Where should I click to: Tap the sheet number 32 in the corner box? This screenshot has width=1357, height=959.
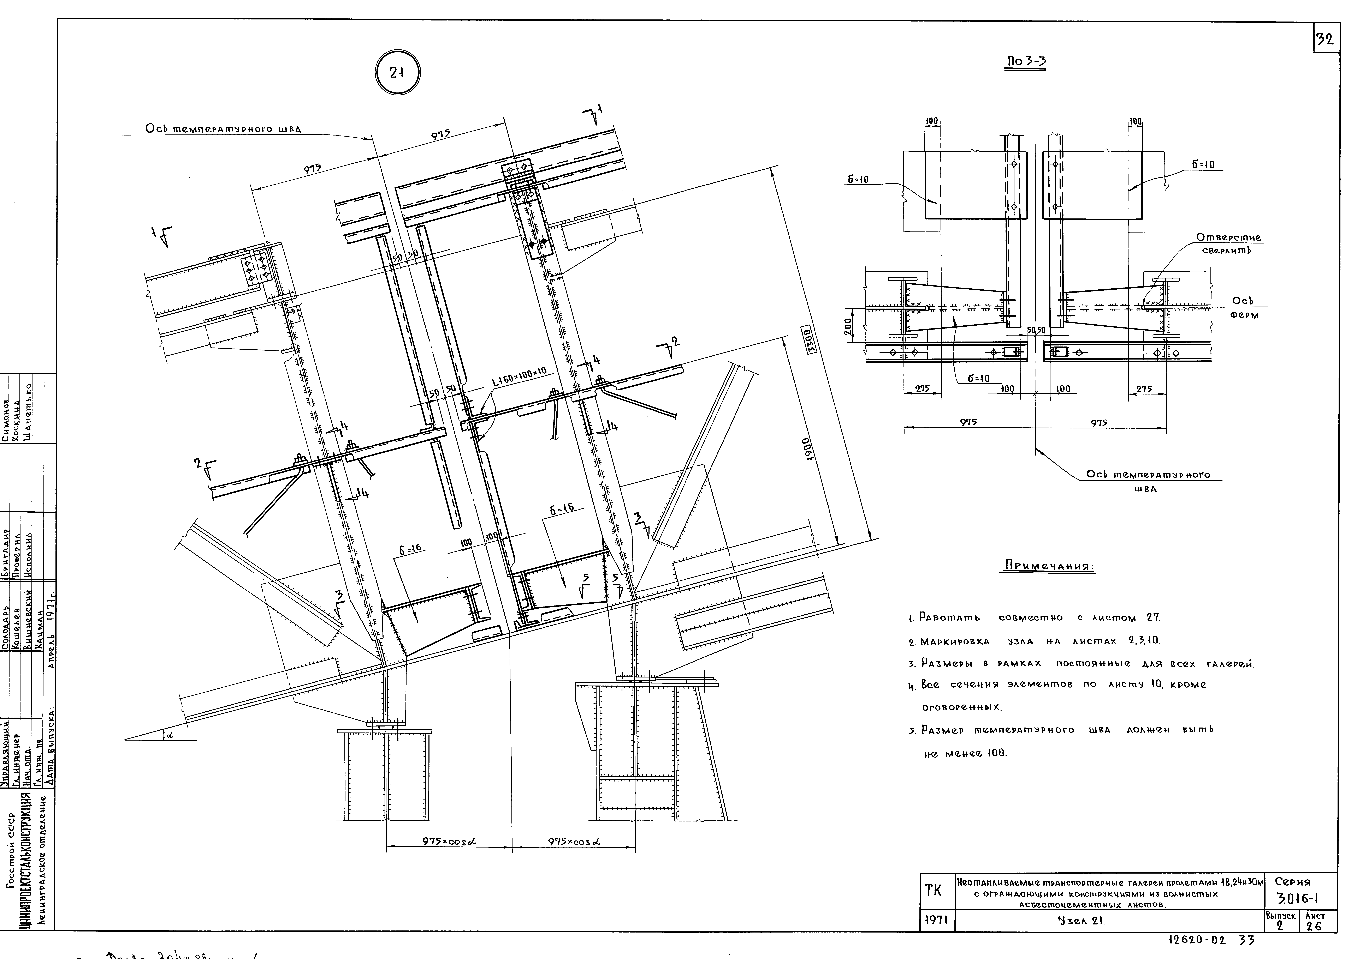tap(1325, 40)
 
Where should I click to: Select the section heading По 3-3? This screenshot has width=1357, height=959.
tap(1027, 61)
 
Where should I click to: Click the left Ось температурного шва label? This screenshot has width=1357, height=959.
tap(223, 129)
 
